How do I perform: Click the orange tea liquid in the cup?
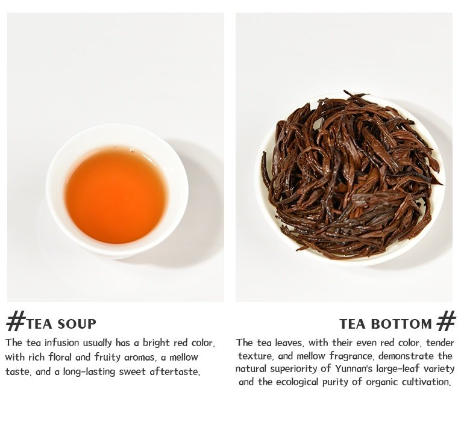coord(117,194)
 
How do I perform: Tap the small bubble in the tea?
coord(132,151)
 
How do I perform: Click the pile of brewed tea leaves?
coord(352,175)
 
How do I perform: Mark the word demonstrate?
coord(406,356)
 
